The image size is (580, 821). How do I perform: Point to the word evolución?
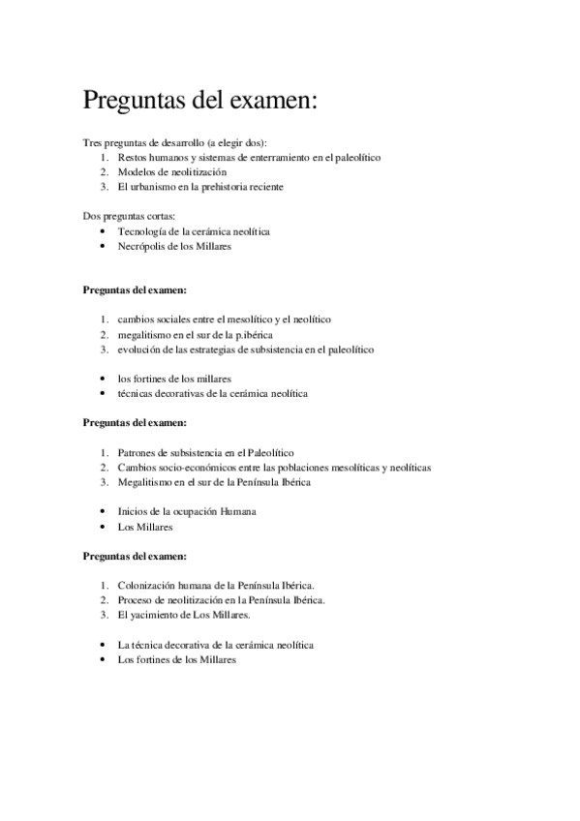140,350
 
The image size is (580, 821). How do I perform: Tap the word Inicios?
134,511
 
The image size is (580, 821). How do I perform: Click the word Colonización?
149,585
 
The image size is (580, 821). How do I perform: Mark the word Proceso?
137,600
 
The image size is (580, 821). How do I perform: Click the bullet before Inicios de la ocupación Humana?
102,511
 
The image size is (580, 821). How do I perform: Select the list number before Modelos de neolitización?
103,171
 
